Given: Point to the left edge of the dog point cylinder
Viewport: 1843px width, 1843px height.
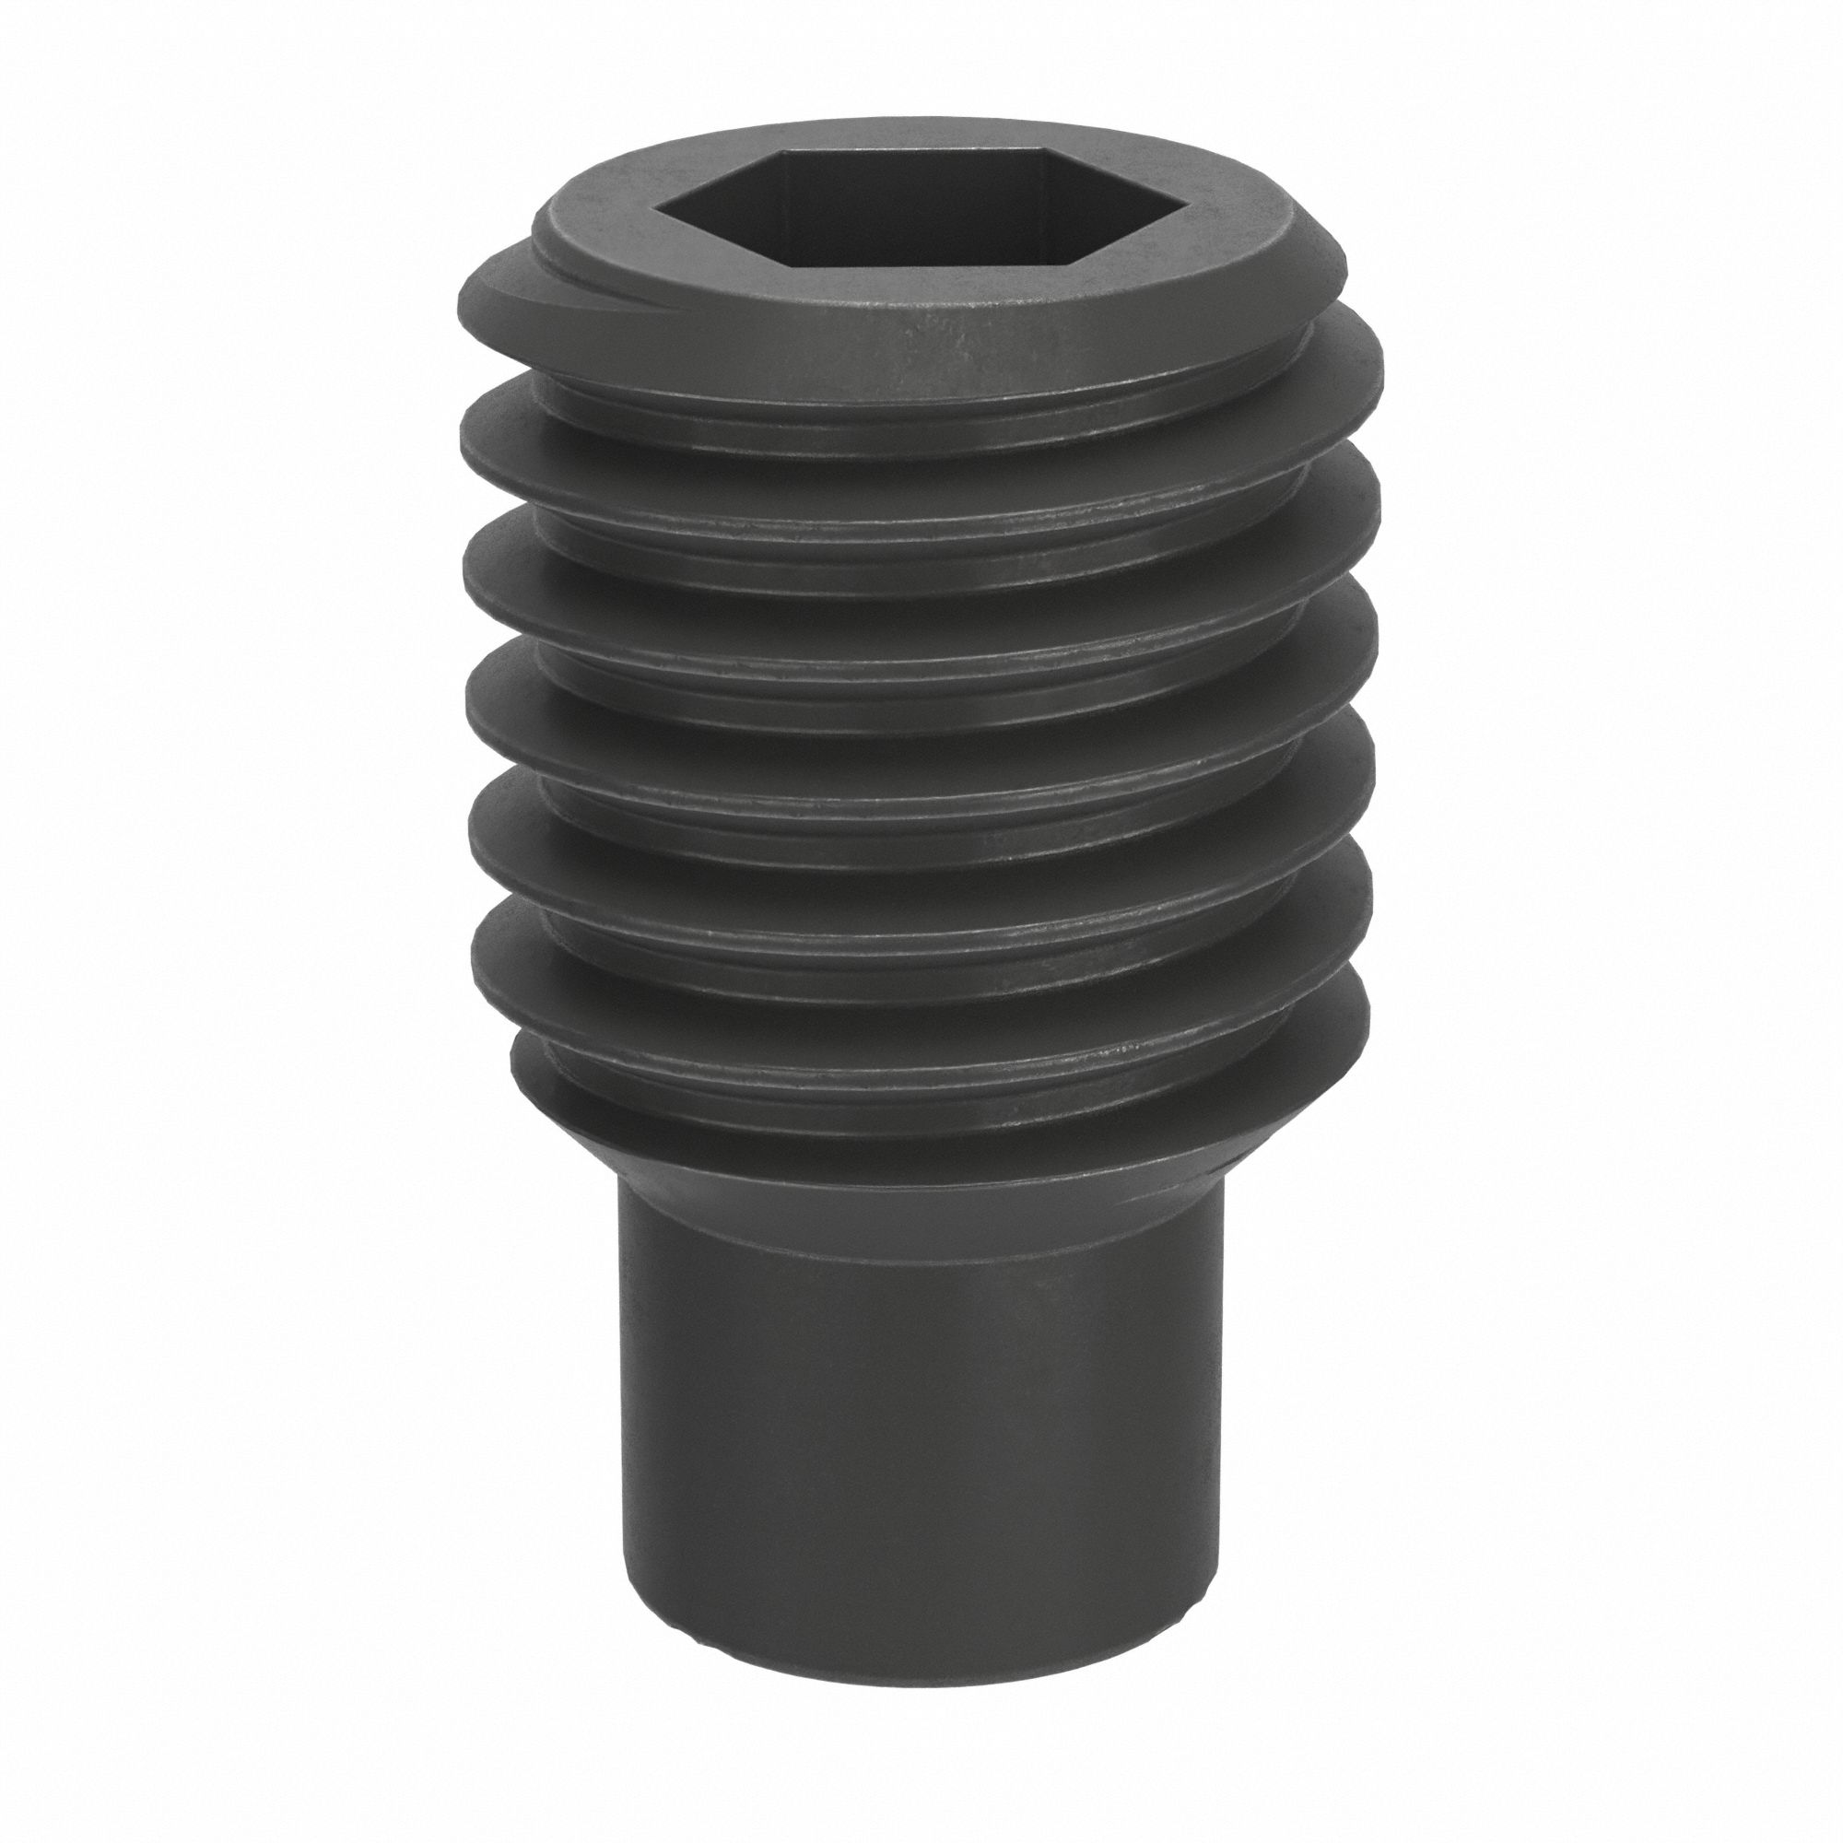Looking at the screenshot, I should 622,1431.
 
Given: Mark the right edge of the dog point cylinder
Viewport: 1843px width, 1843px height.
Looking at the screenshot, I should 1225,1431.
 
